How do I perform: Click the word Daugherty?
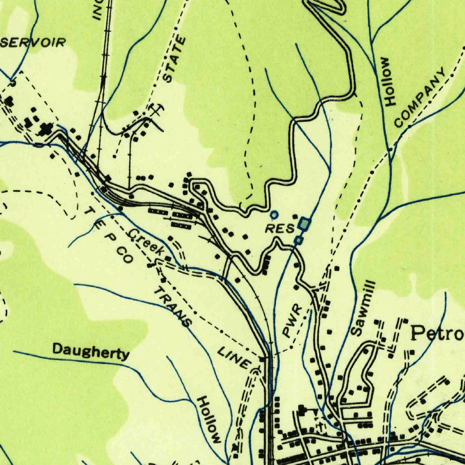point(91,351)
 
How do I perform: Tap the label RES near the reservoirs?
point(280,228)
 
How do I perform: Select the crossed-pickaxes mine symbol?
point(155,109)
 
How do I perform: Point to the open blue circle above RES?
point(274,214)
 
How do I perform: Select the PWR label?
point(292,321)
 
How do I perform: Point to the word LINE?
point(234,357)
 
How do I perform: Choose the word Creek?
point(147,242)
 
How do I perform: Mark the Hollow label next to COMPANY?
point(389,81)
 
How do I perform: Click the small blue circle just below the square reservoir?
point(298,240)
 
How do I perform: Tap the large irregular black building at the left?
point(45,129)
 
